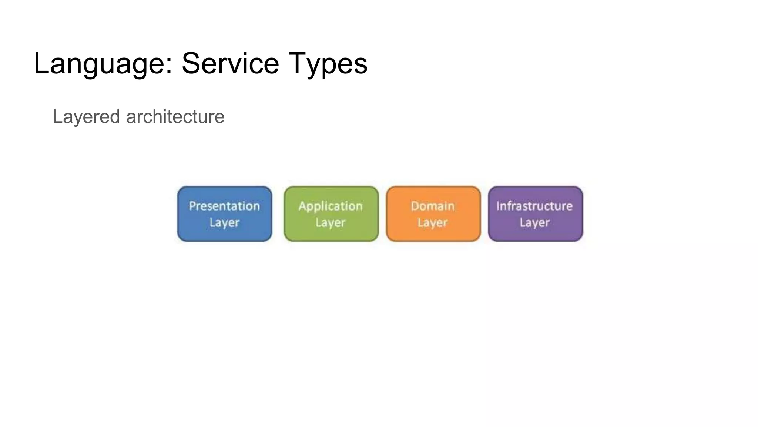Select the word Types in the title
click(x=328, y=64)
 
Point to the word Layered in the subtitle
click(x=86, y=117)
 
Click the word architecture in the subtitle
click(x=175, y=116)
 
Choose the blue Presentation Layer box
click(x=225, y=214)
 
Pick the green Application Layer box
click(x=331, y=214)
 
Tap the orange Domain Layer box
click(x=433, y=214)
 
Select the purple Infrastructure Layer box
click(x=535, y=214)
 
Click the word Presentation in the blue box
click(x=224, y=206)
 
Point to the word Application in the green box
click(x=331, y=206)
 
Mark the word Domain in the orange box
click(x=432, y=206)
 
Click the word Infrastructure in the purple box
click(x=534, y=206)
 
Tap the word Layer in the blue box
click(x=224, y=222)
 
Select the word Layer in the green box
click(x=331, y=222)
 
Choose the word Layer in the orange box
click(x=432, y=222)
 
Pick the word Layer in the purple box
click(x=534, y=222)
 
